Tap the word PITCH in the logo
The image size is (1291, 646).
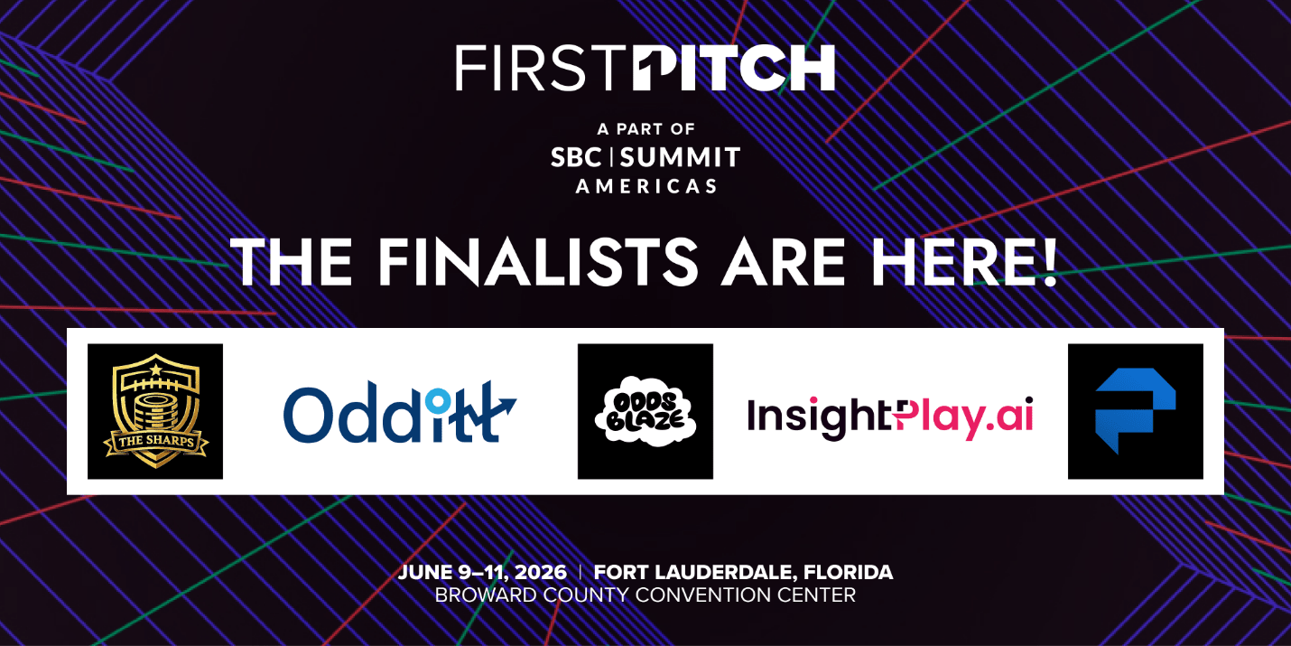(x=734, y=69)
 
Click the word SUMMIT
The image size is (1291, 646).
(x=680, y=157)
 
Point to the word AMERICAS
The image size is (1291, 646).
(x=646, y=186)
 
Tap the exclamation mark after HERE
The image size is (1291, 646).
(x=1050, y=262)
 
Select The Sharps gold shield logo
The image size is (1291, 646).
(x=155, y=411)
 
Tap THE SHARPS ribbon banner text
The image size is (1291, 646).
(x=155, y=442)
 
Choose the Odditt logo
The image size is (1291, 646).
(x=399, y=412)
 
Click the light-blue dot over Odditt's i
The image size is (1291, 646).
(x=438, y=400)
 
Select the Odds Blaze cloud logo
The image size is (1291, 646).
(x=645, y=411)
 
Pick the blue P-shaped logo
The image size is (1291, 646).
(x=1136, y=411)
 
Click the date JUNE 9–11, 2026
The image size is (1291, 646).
(x=482, y=572)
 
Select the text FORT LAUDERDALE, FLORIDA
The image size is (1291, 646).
(x=744, y=572)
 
